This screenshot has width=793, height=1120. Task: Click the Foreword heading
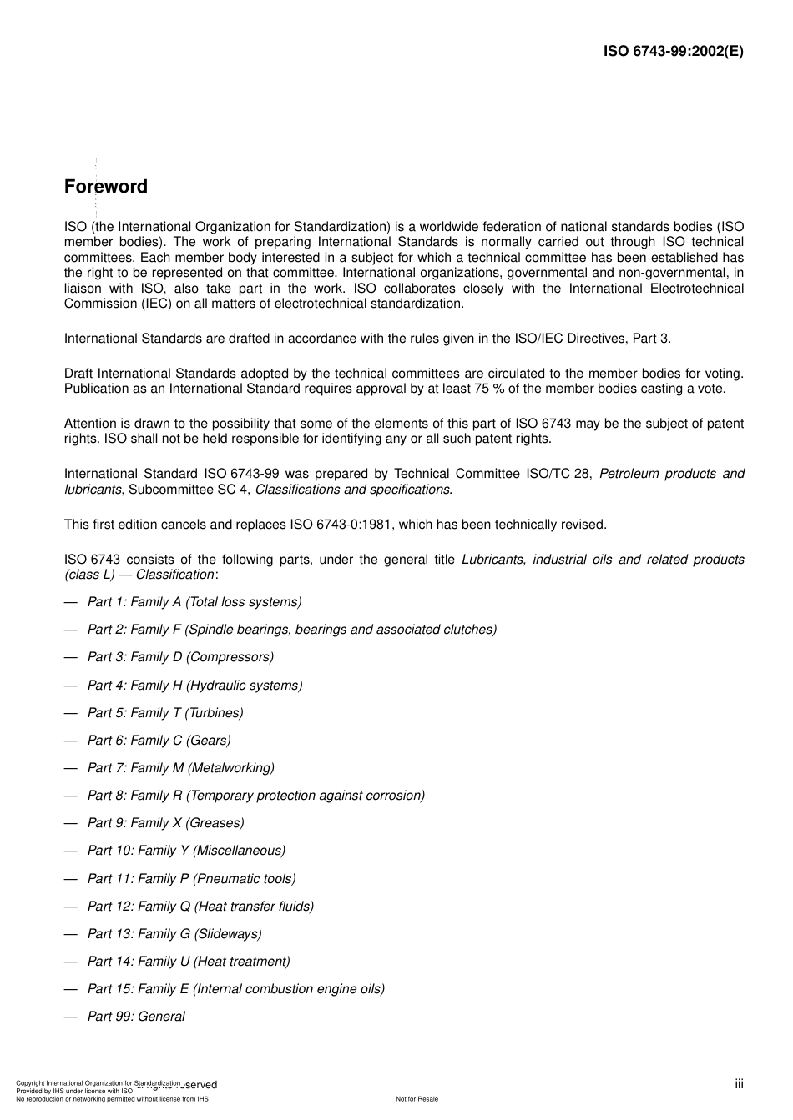106,187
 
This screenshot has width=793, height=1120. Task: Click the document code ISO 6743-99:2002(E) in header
673,51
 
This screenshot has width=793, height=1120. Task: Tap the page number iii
739,1084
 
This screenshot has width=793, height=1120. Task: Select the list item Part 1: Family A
194,602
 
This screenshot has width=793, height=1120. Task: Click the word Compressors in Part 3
230,657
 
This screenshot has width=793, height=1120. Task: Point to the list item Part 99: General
136,1017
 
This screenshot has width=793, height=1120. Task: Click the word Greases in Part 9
215,823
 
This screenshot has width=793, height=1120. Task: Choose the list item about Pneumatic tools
191,879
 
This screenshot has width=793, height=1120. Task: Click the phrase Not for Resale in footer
417,1099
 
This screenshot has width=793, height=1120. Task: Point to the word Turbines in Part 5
215,713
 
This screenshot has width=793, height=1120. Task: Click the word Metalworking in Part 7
230,768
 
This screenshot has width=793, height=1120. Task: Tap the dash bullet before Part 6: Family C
71,741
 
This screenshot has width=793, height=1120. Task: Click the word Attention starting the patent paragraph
90,424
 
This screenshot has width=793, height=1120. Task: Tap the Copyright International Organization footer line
98,1082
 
